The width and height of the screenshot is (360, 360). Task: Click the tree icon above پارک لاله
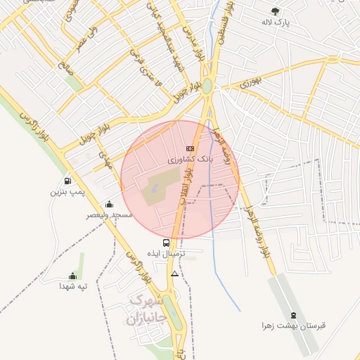coord(275,11)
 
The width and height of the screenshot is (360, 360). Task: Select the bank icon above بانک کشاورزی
coord(189,148)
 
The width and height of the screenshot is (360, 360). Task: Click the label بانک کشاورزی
coord(189,160)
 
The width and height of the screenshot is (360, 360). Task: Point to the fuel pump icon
coord(67,181)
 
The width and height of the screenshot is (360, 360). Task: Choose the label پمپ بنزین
coord(67,191)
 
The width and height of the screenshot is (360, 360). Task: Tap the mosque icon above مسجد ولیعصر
coord(109,205)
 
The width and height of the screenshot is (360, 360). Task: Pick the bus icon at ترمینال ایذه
coord(166,243)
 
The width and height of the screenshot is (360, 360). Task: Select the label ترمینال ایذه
coord(166,253)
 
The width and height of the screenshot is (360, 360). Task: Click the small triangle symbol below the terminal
coord(174,272)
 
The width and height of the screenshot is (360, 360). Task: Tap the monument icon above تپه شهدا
coord(72,276)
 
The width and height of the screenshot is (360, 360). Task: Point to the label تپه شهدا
coord(72,286)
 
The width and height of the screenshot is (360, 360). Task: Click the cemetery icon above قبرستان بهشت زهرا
coord(293,315)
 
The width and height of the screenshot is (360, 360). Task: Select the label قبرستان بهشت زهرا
coord(292,326)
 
